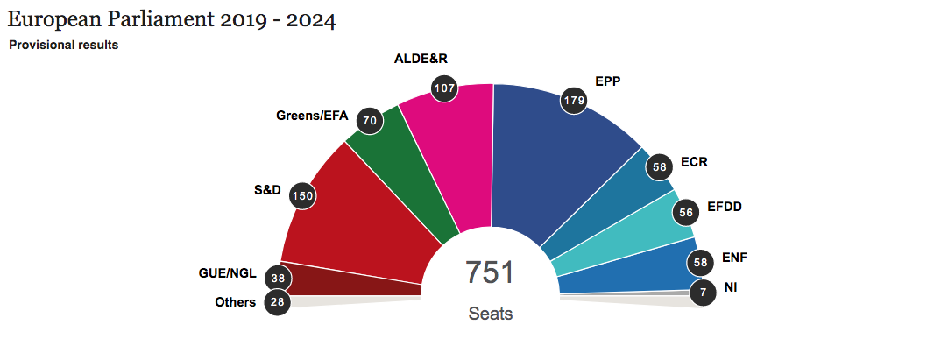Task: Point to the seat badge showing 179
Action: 575,101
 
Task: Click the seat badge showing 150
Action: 302,196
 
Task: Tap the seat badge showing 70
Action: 370,122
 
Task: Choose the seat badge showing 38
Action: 279,278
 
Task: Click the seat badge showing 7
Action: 703,292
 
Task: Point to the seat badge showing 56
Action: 687,212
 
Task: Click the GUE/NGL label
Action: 227,273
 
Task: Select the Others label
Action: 235,303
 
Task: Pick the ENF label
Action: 734,258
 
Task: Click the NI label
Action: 731,286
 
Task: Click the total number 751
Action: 490,272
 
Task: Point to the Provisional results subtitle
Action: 63,45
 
